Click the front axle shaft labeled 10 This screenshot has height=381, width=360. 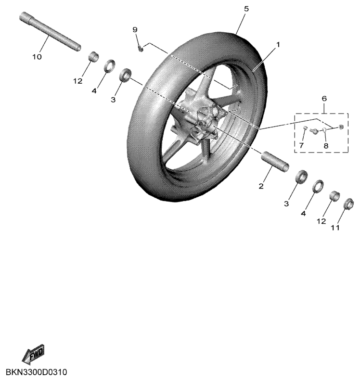pyautogui.click(x=50, y=32)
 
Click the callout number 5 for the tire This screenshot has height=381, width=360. pyautogui.click(x=246, y=9)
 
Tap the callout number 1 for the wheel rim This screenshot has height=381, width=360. pyautogui.click(x=278, y=45)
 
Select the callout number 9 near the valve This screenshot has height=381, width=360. pyautogui.click(x=135, y=30)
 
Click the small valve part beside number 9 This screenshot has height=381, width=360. pyautogui.click(x=141, y=48)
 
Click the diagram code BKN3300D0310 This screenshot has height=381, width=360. pyautogui.click(x=36, y=372)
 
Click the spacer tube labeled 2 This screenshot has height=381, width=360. pyautogui.click(x=275, y=162)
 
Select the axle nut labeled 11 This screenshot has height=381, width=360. pyautogui.click(x=348, y=203)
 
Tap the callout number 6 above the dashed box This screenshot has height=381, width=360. pyautogui.click(x=324, y=99)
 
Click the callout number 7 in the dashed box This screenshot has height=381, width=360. pyautogui.click(x=301, y=145)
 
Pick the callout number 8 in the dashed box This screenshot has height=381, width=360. pyautogui.click(x=326, y=146)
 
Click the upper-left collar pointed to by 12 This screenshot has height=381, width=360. pyautogui.click(x=93, y=57)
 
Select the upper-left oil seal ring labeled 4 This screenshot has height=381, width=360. pyautogui.click(x=110, y=66)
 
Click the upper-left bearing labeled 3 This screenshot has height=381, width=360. pyautogui.click(x=125, y=75)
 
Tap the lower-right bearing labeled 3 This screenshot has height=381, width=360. pyautogui.click(x=301, y=177)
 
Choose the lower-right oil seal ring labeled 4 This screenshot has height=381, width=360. pyautogui.click(x=318, y=186)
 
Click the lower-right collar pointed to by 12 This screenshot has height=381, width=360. pyautogui.click(x=334, y=196)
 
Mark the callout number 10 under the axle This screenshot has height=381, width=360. pyautogui.click(x=37, y=57)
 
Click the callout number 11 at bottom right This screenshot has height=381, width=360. pyautogui.click(x=335, y=228)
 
